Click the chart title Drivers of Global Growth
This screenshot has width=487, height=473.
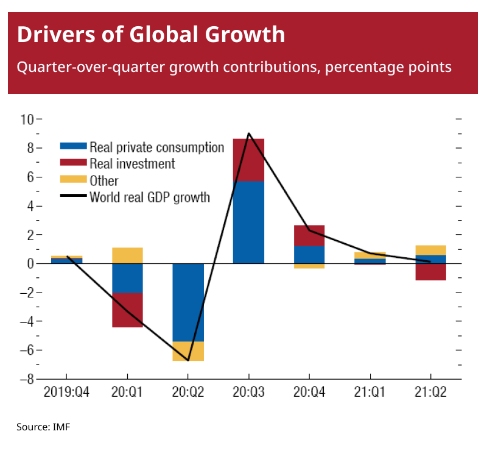click(x=151, y=34)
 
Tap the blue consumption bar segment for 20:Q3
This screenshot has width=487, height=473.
click(x=248, y=222)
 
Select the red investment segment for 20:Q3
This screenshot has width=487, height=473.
click(x=248, y=160)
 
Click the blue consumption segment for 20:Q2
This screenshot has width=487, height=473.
click(x=188, y=302)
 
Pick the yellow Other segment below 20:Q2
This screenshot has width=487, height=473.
click(x=188, y=351)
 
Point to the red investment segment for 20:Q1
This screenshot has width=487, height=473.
click(x=127, y=310)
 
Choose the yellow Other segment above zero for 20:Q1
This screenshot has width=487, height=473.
click(x=127, y=255)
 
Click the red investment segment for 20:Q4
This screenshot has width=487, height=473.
click(x=309, y=235)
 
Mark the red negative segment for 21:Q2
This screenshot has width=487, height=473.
click(x=430, y=272)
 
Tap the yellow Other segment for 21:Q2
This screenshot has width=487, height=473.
click(x=430, y=250)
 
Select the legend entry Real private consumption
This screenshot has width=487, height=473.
click(x=156, y=148)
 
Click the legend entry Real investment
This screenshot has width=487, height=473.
click(x=131, y=164)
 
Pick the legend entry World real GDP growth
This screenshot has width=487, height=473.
click(x=149, y=197)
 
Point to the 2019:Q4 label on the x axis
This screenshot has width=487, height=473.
click(x=66, y=393)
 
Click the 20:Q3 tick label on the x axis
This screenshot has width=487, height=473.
click(x=248, y=393)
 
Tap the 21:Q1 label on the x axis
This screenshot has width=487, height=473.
click(x=370, y=393)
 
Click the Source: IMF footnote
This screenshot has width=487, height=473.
click(x=43, y=427)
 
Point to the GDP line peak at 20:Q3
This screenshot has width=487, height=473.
click(x=248, y=133)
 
